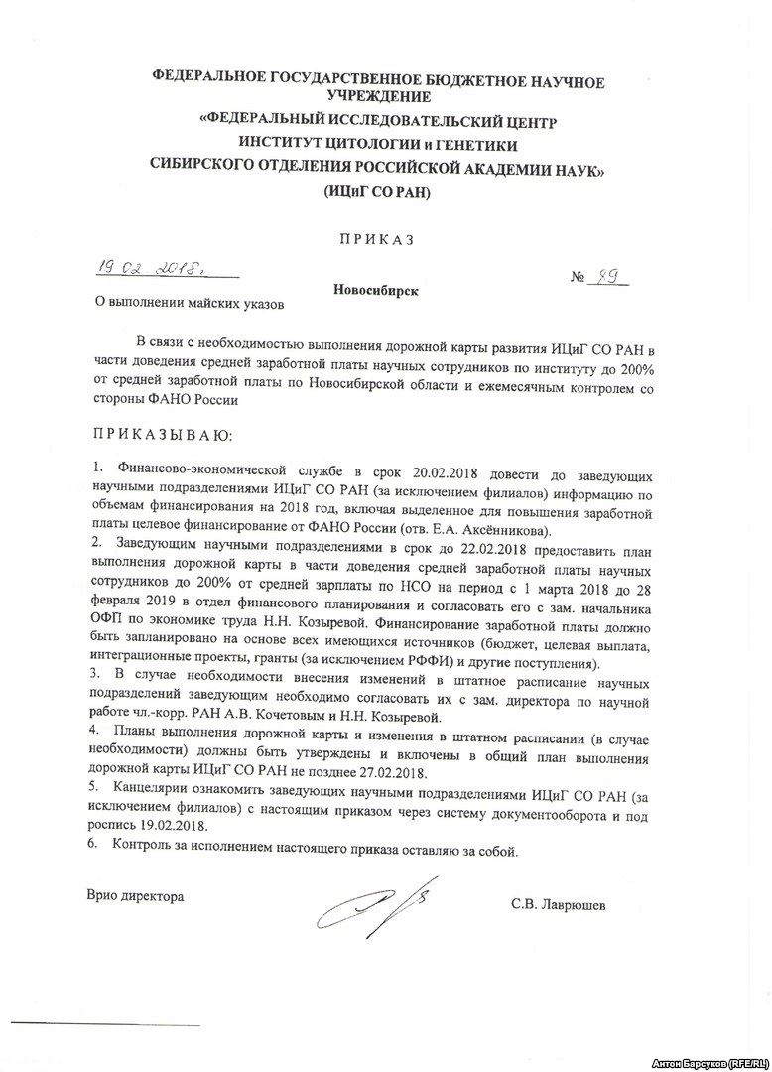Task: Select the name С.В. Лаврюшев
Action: [x=557, y=905]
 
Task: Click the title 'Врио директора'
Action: [x=135, y=896]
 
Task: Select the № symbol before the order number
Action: [x=579, y=281]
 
